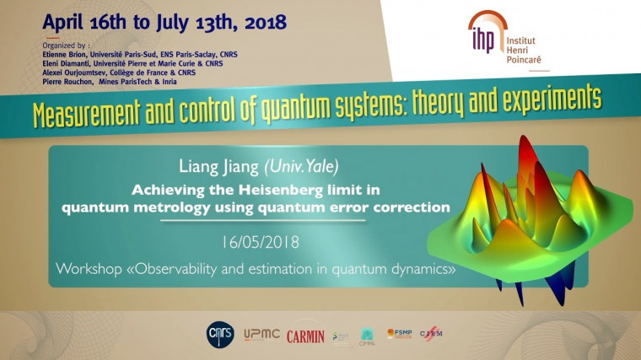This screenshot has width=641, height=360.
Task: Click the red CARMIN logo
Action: [305, 336]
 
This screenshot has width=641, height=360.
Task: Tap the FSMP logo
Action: [399, 335]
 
